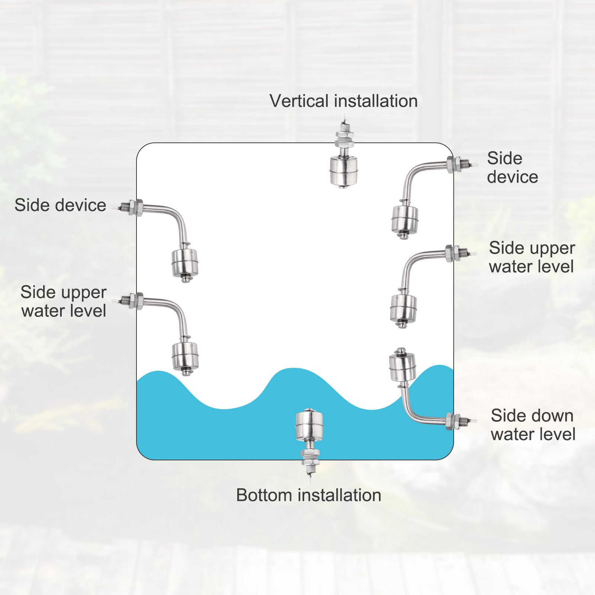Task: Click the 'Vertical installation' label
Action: [344, 101]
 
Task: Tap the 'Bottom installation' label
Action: [309, 495]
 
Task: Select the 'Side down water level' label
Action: [533, 425]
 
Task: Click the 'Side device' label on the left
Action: [60, 205]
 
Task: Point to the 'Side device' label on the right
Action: [512, 168]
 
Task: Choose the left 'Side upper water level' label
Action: [64, 301]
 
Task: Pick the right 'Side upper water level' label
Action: [532, 257]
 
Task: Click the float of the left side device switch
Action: [185, 263]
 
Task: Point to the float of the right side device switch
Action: [405, 219]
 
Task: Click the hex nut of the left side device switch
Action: [138, 208]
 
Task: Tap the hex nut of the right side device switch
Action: [450, 165]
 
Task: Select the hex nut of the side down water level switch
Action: [450, 421]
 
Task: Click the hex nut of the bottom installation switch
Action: [309, 454]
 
